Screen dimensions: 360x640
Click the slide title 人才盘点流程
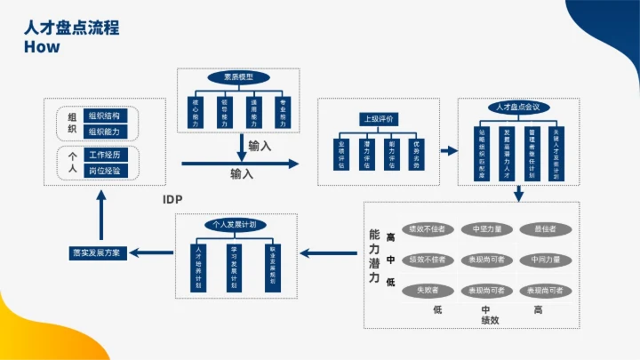(x=72, y=28)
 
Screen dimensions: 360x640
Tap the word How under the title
(x=42, y=47)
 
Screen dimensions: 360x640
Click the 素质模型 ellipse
(x=238, y=77)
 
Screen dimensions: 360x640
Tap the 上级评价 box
(x=378, y=118)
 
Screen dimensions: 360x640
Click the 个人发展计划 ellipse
(x=235, y=225)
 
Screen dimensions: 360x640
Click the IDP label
(x=172, y=198)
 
